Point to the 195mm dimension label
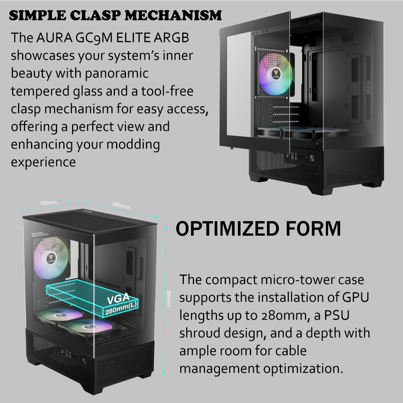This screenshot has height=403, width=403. click(x=48, y=203)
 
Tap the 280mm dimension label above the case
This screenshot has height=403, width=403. click(x=121, y=206)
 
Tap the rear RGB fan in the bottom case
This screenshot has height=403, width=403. click(x=52, y=257)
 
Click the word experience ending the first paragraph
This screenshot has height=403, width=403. click(x=43, y=162)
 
